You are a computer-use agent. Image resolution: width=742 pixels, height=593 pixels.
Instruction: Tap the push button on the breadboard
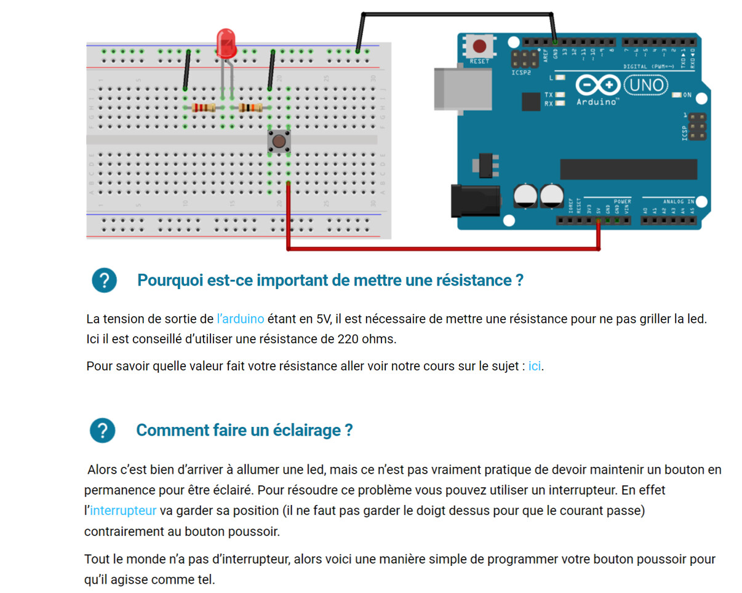point(279,142)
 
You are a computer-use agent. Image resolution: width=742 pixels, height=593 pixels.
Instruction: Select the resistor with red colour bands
point(203,108)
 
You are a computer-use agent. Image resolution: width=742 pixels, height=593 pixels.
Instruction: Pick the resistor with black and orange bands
point(250,108)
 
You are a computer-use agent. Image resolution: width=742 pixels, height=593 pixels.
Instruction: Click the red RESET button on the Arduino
point(479,46)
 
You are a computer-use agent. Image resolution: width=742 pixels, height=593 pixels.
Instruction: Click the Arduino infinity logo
point(598,85)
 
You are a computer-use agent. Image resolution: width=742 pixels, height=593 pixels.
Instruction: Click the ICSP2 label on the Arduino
point(520,72)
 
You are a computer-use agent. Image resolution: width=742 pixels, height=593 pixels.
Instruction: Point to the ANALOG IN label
point(678,201)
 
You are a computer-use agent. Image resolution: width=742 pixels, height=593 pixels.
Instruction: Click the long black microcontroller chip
point(628,169)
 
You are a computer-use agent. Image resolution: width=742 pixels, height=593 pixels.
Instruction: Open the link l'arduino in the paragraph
point(241,319)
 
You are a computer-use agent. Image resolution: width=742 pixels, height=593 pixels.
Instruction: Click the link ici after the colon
point(535,366)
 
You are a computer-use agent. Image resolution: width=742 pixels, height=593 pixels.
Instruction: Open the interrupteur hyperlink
point(123,511)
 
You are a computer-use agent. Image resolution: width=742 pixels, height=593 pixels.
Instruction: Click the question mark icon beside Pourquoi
point(104,281)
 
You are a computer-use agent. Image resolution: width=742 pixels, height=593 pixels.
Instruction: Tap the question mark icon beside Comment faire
point(102,430)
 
